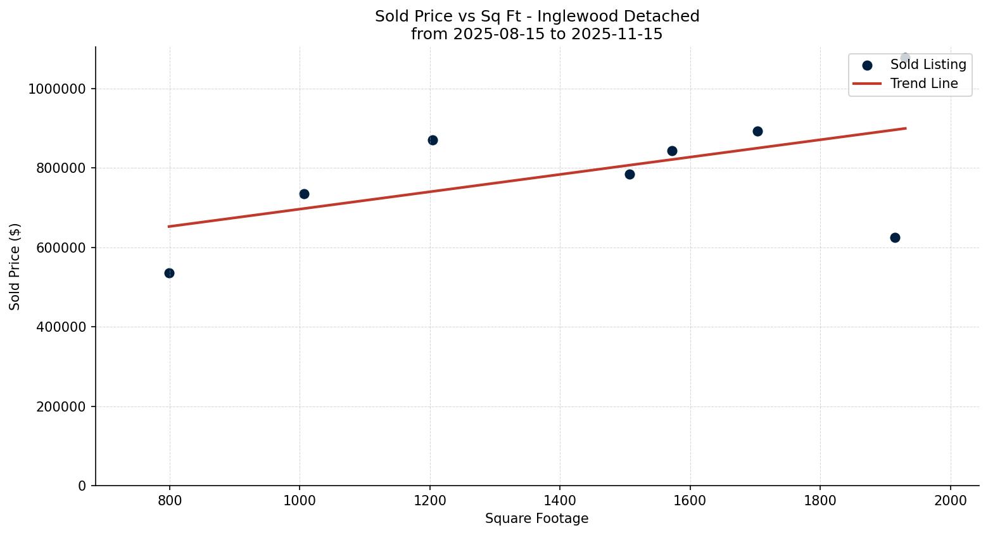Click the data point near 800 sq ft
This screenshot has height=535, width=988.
tap(169, 273)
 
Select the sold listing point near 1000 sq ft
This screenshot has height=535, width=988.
tap(304, 194)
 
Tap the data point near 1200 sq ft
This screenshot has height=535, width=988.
tap(433, 140)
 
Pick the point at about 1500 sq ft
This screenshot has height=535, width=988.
tap(630, 174)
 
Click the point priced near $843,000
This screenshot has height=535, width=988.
tap(672, 151)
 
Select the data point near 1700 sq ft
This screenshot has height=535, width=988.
tap(757, 131)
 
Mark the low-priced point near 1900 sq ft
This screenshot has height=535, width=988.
tap(895, 237)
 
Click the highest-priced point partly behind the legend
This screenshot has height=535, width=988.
tap(905, 58)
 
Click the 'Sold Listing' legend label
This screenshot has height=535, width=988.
tap(928, 65)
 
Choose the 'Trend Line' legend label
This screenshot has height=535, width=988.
tap(924, 84)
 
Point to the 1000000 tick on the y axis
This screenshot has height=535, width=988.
tap(56, 89)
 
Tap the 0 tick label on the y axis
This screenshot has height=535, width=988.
tap(82, 486)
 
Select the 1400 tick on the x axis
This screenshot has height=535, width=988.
tap(560, 500)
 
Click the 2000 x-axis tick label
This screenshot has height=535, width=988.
tap(951, 500)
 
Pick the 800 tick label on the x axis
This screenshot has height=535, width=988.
tap(169, 500)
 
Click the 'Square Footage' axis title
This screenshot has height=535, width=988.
tap(536, 519)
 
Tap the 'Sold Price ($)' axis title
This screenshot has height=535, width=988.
tap(15, 267)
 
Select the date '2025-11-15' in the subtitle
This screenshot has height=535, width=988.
tap(617, 34)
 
